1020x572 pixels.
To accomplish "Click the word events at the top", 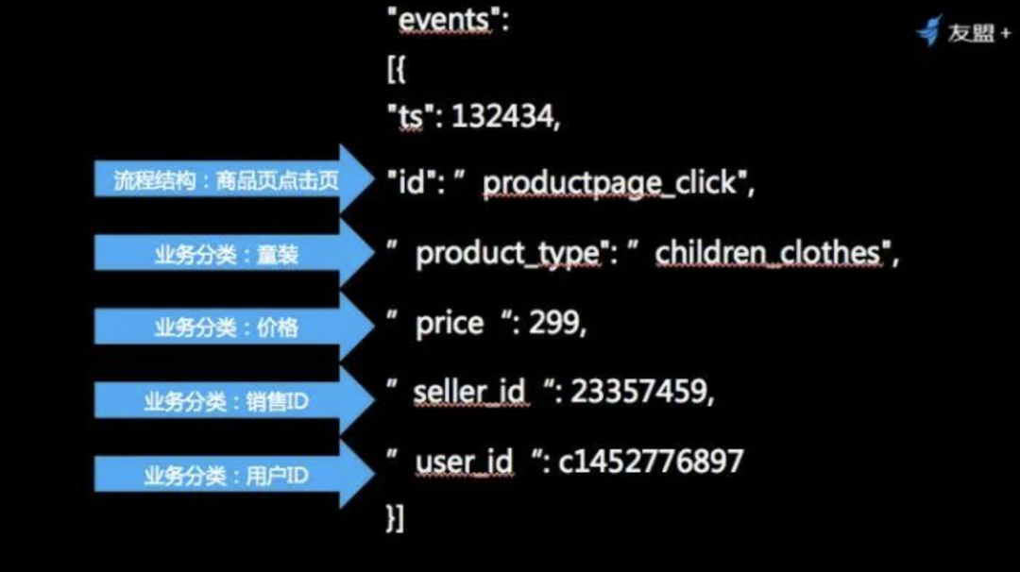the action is [x=443, y=20].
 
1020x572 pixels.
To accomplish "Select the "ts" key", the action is [x=411, y=117].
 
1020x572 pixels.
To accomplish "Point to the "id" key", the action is [x=412, y=182].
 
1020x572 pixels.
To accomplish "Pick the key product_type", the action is [x=507, y=254].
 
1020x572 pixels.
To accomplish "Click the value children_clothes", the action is [x=768, y=253].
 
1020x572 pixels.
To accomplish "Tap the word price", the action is [x=450, y=324].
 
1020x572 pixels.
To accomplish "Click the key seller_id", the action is [x=469, y=392].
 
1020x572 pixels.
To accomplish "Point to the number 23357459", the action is [x=638, y=392].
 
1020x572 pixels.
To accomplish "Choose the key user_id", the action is [x=464, y=462].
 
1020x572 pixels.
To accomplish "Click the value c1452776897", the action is [x=651, y=462].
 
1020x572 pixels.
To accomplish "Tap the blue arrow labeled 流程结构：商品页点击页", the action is [x=234, y=178].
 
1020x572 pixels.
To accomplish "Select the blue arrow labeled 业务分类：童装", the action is [x=234, y=253].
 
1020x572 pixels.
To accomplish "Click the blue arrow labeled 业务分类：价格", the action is [x=234, y=327].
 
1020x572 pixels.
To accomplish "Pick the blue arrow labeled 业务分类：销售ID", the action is [x=234, y=400].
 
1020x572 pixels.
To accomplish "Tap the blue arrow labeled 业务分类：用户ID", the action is [x=234, y=475].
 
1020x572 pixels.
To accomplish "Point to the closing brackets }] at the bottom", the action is [x=396, y=519].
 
